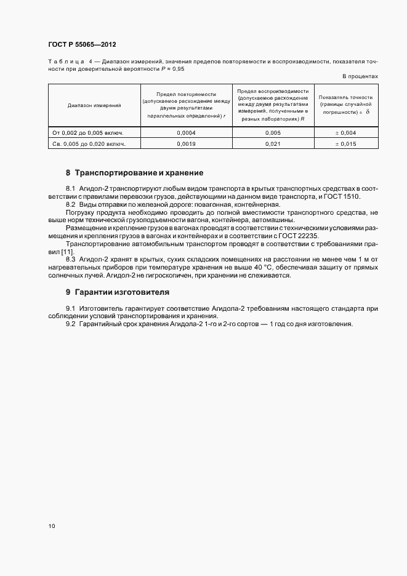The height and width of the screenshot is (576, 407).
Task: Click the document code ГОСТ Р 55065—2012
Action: point(81,45)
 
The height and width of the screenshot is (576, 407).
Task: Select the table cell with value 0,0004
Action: point(186,132)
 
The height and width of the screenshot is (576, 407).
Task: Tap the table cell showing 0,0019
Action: point(186,143)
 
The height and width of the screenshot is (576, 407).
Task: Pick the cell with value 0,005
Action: point(272,132)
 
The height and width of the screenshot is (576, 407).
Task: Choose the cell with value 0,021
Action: point(272,143)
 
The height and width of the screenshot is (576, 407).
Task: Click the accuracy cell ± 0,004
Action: point(346,132)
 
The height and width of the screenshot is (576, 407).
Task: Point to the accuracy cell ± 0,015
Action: point(346,143)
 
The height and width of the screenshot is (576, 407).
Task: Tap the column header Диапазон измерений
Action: point(94,105)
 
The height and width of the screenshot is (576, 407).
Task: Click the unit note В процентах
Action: point(360,76)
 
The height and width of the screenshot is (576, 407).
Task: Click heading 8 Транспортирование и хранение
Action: point(134,173)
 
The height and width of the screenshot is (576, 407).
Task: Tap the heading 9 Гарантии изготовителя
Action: point(117,292)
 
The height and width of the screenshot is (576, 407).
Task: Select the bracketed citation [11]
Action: point(66,252)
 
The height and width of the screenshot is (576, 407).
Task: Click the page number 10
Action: point(51,526)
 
